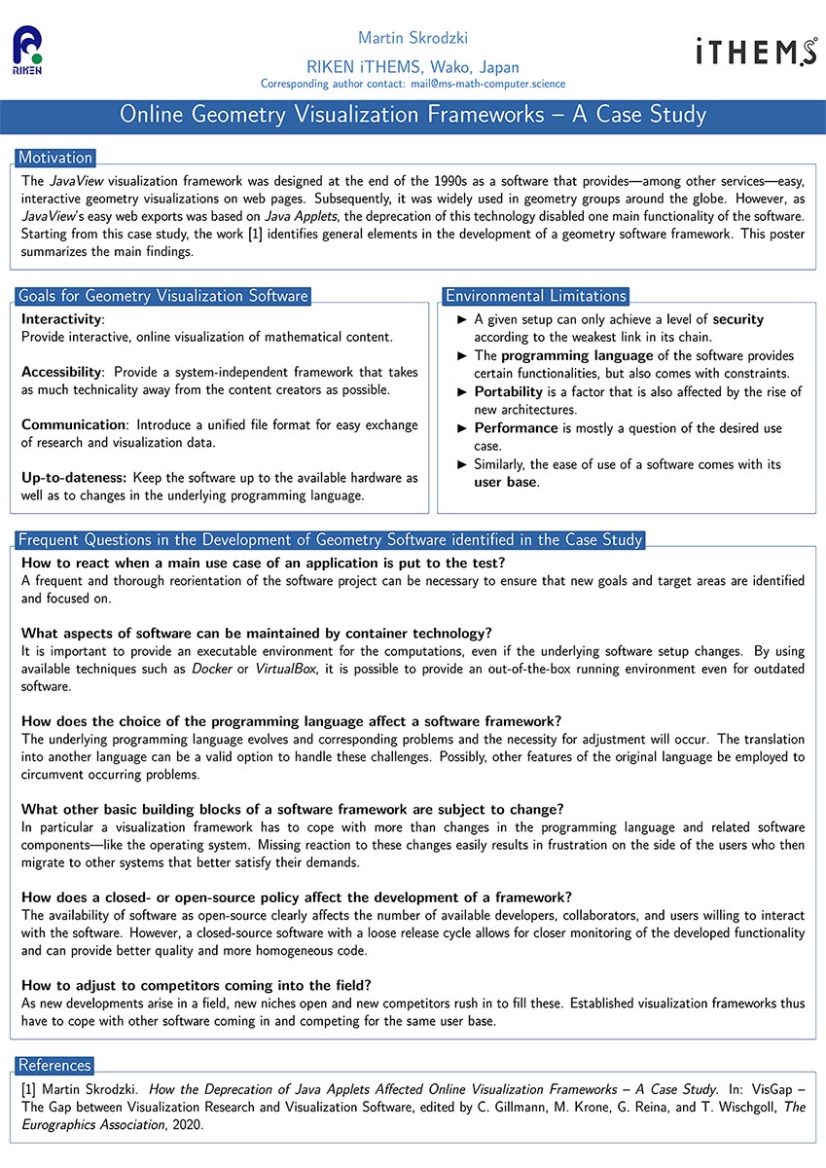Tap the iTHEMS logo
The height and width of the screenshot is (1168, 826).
click(x=756, y=52)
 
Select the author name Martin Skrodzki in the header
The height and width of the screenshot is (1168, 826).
click(x=413, y=39)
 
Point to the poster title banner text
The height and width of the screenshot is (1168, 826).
click(x=413, y=115)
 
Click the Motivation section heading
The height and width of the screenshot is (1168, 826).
click(x=55, y=158)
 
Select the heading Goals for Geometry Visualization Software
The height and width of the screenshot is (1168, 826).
click(x=163, y=296)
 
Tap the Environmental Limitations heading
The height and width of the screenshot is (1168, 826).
click(x=536, y=296)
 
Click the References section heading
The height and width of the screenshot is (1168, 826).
click(x=54, y=1065)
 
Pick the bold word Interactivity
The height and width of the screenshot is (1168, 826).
click(x=62, y=319)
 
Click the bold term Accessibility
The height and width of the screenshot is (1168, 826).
click(x=62, y=373)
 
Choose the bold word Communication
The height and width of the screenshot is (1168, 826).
click(x=74, y=425)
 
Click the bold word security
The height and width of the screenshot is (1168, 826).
click(x=738, y=319)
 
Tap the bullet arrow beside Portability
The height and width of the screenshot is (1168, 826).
click(x=462, y=392)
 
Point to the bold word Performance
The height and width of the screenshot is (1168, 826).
click(x=516, y=428)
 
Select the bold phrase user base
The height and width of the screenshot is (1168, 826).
click(x=506, y=482)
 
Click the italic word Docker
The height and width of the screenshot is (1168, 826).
click(x=212, y=670)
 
